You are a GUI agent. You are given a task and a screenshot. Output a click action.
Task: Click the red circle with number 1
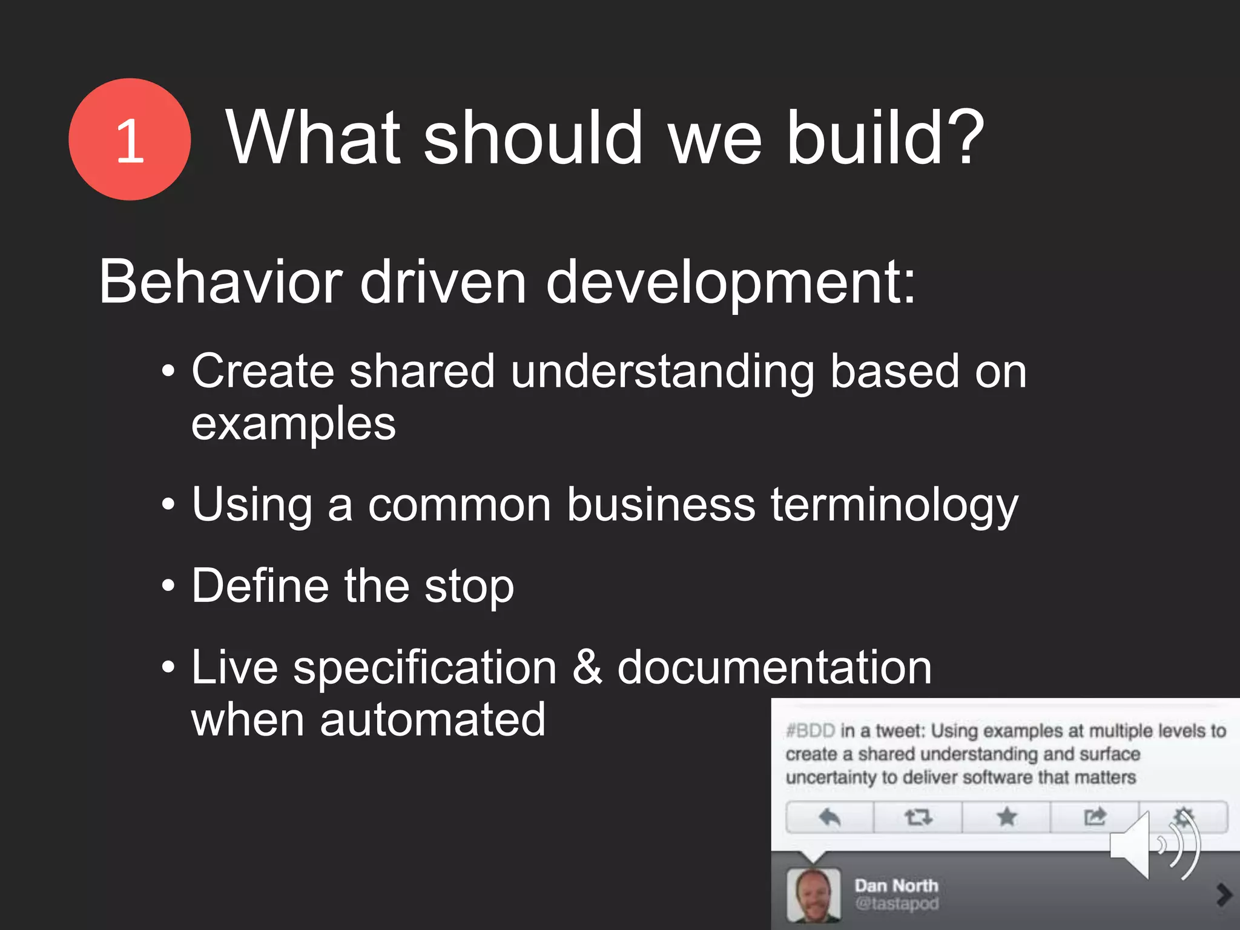click(130, 139)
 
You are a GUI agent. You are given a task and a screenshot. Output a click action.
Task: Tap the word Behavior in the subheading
click(220, 282)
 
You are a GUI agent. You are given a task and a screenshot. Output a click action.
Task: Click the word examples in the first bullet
click(294, 424)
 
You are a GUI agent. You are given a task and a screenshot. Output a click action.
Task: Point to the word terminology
click(894, 506)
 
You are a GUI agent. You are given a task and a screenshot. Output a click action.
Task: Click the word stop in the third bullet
click(469, 586)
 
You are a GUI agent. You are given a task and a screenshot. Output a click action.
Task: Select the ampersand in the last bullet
click(587, 667)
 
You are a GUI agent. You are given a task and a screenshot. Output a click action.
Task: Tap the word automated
click(432, 719)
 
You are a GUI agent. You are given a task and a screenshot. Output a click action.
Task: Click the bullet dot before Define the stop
click(168, 585)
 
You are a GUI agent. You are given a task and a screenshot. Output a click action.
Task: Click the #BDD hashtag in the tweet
click(810, 731)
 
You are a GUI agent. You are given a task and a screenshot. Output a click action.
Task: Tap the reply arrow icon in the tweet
click(829, 817)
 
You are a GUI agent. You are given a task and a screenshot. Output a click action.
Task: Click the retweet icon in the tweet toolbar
click(918, 817)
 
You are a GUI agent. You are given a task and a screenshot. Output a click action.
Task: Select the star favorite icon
click(1007, 817)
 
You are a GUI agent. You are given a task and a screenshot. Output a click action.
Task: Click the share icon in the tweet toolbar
click(1095, 817)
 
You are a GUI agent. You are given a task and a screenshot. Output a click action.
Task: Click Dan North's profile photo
click(813, 895)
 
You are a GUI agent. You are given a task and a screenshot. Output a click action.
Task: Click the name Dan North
click(896, 886)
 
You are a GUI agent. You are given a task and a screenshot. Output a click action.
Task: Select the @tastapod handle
click(896, 904)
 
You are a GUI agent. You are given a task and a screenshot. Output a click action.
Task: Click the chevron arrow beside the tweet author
click(1224, 894)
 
